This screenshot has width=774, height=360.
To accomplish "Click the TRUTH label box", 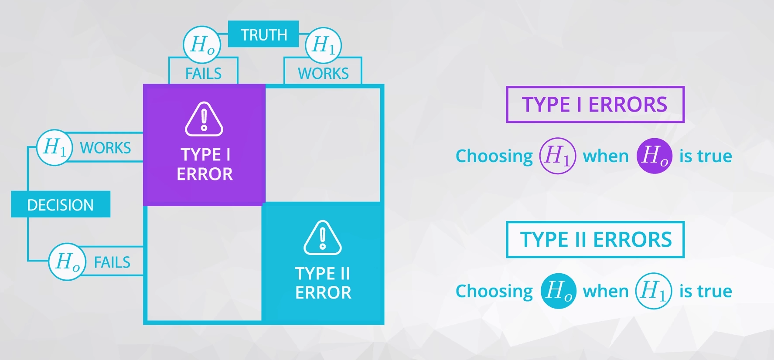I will tap(263, 34).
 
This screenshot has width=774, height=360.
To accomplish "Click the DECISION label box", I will tap(61, 204).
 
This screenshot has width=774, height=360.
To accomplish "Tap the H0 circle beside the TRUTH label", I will tap(202, 44).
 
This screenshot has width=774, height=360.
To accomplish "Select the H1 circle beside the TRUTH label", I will tap(323, 45).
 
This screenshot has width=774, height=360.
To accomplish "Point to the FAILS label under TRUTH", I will tap(203, 73).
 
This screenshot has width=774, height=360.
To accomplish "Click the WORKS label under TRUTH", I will tap(323, 73).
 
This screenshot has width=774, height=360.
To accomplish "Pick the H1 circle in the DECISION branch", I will tap(54, 147).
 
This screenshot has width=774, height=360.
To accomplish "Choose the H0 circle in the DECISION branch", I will tap(67, 262).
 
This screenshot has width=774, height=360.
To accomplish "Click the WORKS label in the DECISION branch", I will tap(106, 148).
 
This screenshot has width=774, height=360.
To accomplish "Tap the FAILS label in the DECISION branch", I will tap(112, 262).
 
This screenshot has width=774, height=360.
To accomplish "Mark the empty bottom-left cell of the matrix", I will tap(204, 263).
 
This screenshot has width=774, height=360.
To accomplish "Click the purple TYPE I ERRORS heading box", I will tap(595, 105).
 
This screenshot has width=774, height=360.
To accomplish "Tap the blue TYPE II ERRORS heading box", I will tap(595, 240).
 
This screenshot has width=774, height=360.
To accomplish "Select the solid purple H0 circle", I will tap(654, 156).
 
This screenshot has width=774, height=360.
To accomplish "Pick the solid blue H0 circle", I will tap(558, 291).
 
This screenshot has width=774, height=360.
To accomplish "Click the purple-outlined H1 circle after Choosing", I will tap(557, 156).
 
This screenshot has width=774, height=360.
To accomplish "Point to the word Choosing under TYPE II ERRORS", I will tap(494, 291).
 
